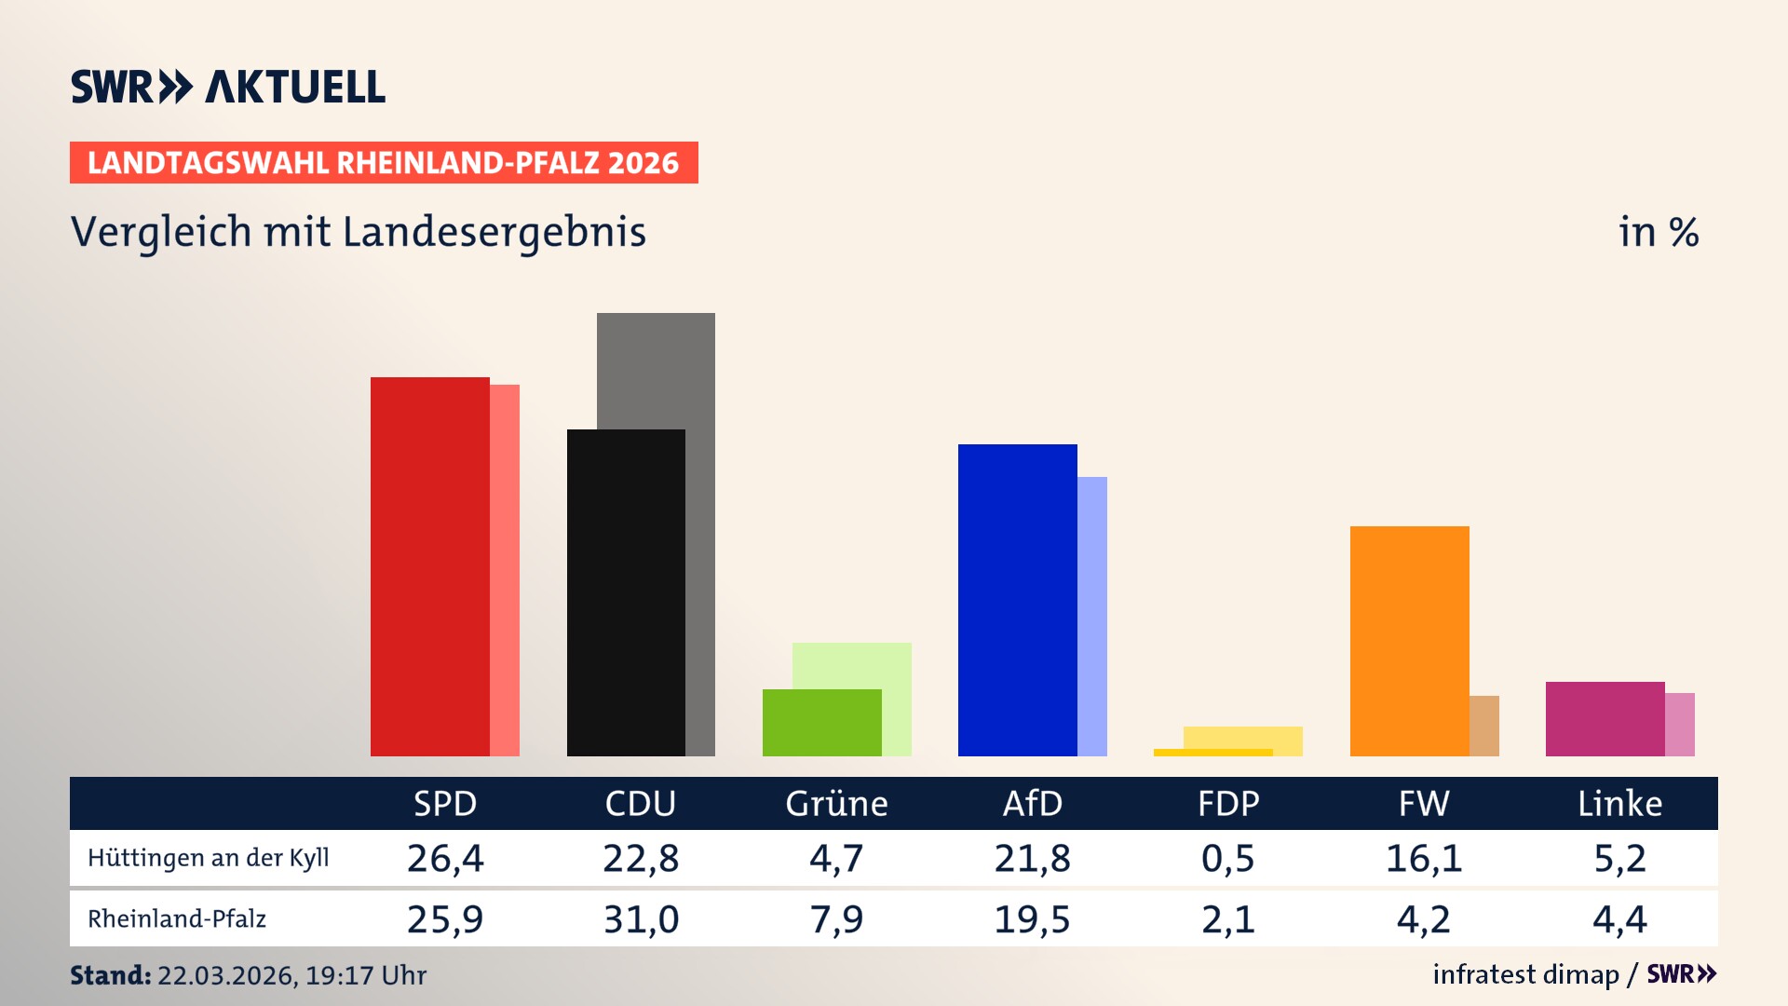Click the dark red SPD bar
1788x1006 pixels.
[x=429, y=566]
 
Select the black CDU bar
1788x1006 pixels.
[x=626, y=592]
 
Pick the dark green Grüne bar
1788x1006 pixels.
[x=821, y=723]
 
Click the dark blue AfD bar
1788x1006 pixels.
[x=1017, y=600]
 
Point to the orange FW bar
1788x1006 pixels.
[x=1409, y=641]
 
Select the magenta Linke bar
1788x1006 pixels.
[x=1605, y=719]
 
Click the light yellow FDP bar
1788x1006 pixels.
[x=1243, y=737]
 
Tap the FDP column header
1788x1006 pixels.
[x=1228, y=803]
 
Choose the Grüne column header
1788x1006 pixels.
[x=836, y=803]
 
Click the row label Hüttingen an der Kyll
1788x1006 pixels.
[x=209, y=858]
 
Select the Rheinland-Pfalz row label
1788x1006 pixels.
[x=177, y=919]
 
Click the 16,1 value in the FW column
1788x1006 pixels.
[x=1424, y=858]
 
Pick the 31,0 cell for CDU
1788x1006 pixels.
[x=641, y=919]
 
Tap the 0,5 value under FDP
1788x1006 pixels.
[x=1227, y=858]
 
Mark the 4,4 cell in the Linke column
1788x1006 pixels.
[x=1619, y=919]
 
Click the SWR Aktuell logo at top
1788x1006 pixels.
[x=228, y=87]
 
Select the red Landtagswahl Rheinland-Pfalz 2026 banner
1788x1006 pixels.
[x=384, y=163]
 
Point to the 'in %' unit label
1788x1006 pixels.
[x=1658, y=232]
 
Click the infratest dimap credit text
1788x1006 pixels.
[x=1525, y=974]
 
